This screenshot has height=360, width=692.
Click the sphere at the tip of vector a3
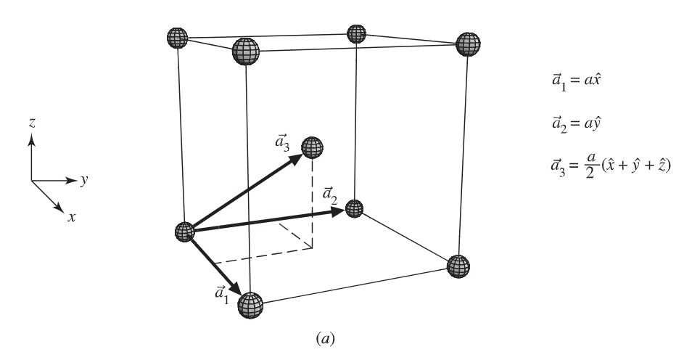[x=313, y=147]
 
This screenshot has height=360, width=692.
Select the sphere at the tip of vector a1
[x=250, y=304]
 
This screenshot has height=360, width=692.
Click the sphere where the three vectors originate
[x=186, y=232]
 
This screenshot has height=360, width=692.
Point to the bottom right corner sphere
[x=458, y=266]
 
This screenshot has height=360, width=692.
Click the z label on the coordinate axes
[x=33, y=124]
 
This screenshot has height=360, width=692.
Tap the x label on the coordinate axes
[x=71, y=216]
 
